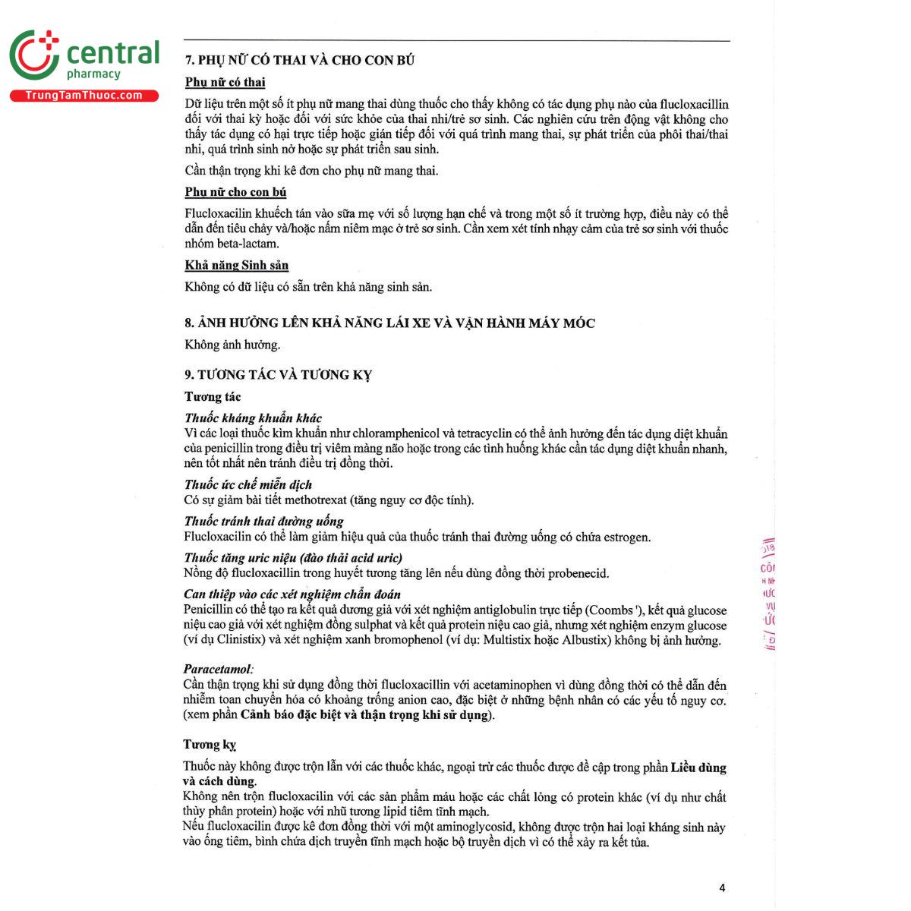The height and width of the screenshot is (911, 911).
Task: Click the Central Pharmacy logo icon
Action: (34, 55)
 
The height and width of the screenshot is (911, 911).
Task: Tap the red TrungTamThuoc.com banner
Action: (84, 96)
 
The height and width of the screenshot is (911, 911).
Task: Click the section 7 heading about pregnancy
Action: (300, 61)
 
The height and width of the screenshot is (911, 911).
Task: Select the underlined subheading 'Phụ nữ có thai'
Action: (225, 82)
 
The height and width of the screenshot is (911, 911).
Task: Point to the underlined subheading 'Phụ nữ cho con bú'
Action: (235, 192)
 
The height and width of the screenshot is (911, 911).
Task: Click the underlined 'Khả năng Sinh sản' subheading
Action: (236, 265)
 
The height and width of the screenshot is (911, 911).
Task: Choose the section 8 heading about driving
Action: (389, 323)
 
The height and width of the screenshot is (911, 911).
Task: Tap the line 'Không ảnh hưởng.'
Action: (232, 345)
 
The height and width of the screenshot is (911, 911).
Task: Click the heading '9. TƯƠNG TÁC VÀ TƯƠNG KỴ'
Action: (278, 374)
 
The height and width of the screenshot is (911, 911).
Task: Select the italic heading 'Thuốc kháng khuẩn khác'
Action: (253, 418)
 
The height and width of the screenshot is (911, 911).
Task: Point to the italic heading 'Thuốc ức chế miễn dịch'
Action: (247, 484)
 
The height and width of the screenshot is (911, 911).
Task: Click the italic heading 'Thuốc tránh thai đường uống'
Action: (263, 521)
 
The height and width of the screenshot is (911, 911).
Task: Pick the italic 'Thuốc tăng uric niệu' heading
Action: (293, 557)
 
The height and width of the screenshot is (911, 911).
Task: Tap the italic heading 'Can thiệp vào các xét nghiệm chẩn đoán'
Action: (292, 594)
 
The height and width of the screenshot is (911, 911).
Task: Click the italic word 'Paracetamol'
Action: (217, 669)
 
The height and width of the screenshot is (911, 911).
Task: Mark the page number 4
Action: (722, 887)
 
